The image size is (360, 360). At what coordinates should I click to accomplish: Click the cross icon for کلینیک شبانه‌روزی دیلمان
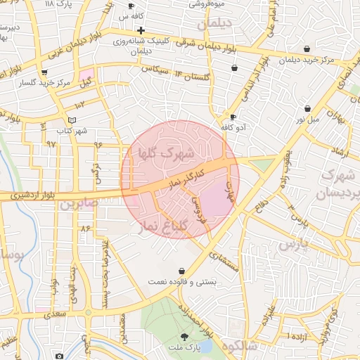pos(141,30)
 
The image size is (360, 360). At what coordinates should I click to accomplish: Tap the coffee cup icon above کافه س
pos(130,6)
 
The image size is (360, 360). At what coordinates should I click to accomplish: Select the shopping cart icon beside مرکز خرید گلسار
pos(45,72)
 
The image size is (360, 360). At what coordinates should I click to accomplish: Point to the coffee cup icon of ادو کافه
pos(233,117)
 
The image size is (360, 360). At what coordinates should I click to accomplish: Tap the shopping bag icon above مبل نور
pos(307,108)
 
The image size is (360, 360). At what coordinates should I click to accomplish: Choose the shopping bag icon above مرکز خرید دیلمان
pos(307,49)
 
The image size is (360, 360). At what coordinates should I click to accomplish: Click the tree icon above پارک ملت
pos(184,337)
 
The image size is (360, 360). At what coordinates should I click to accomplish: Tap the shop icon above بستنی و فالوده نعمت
pos(182,271)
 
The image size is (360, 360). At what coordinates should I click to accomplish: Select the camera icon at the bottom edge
pos(59,356)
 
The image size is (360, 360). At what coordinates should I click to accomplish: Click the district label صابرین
pos(75,205)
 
